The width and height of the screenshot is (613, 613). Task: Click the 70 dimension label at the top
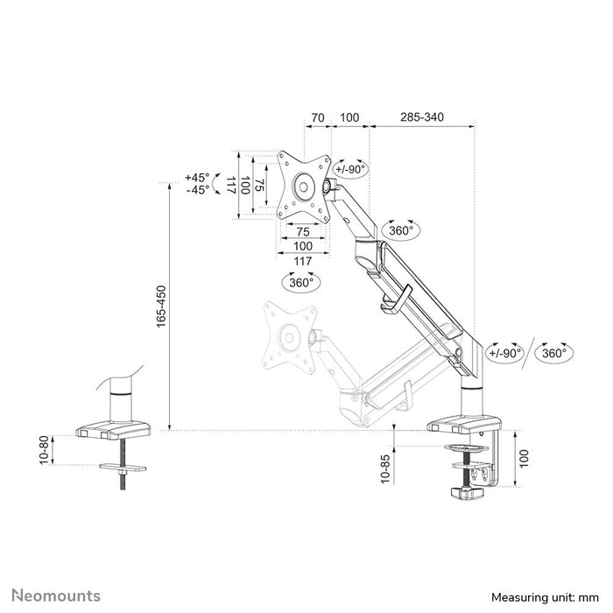coord(317,116)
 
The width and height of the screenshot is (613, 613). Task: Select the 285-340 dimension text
coord(423,116)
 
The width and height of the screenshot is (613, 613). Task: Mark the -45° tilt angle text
coord(197,190)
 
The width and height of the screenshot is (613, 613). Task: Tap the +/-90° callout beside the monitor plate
coord(352,170)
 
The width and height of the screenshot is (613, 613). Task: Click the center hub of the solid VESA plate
coord(303,187)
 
